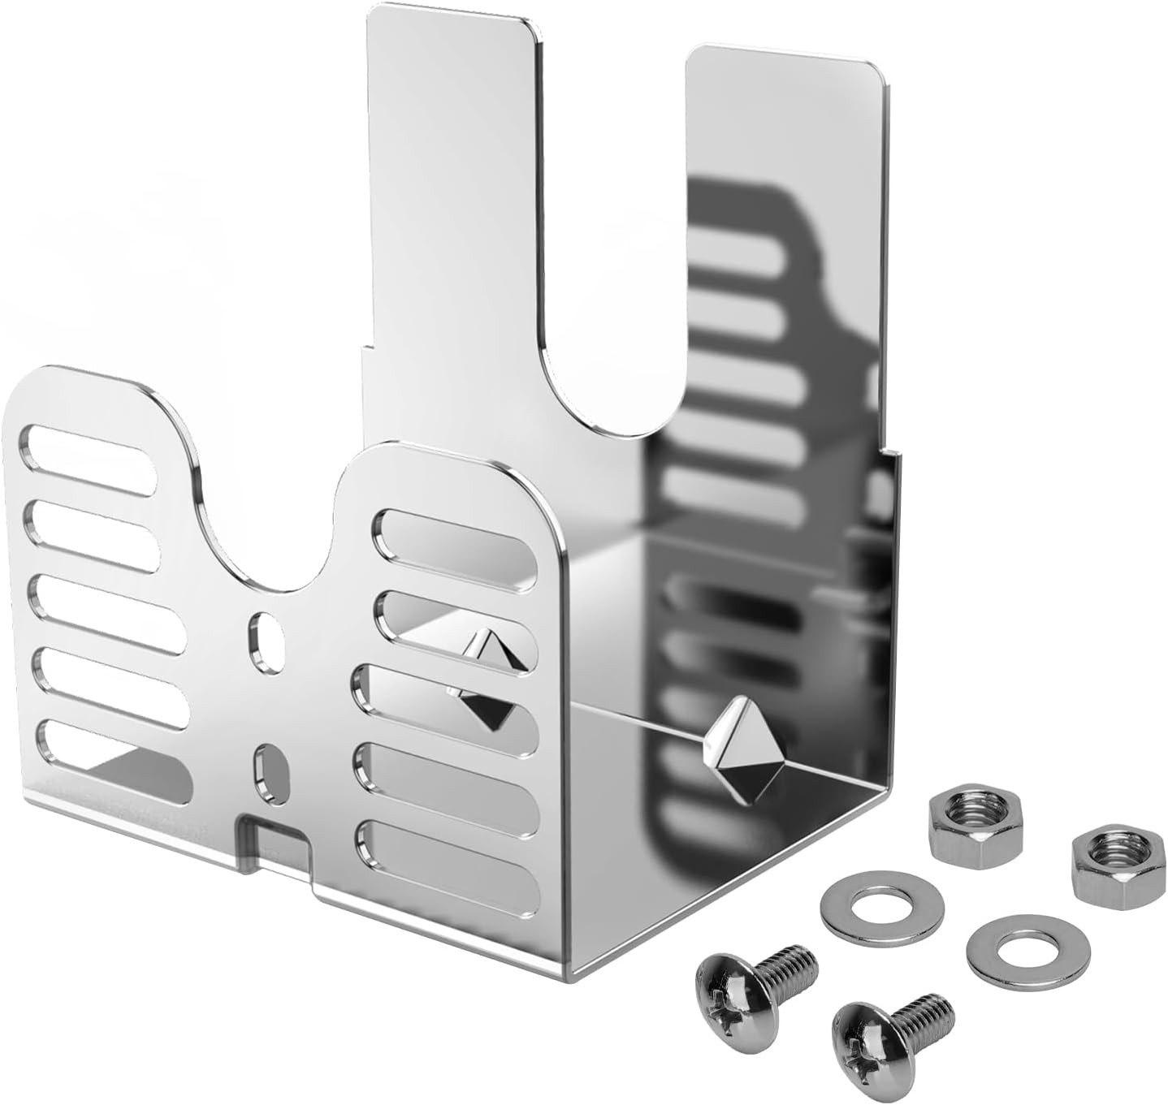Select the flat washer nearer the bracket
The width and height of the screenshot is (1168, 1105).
[881, 903]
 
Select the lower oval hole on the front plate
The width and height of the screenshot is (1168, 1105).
[271, 773]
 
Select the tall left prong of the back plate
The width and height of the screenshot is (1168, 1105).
[451, 203]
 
